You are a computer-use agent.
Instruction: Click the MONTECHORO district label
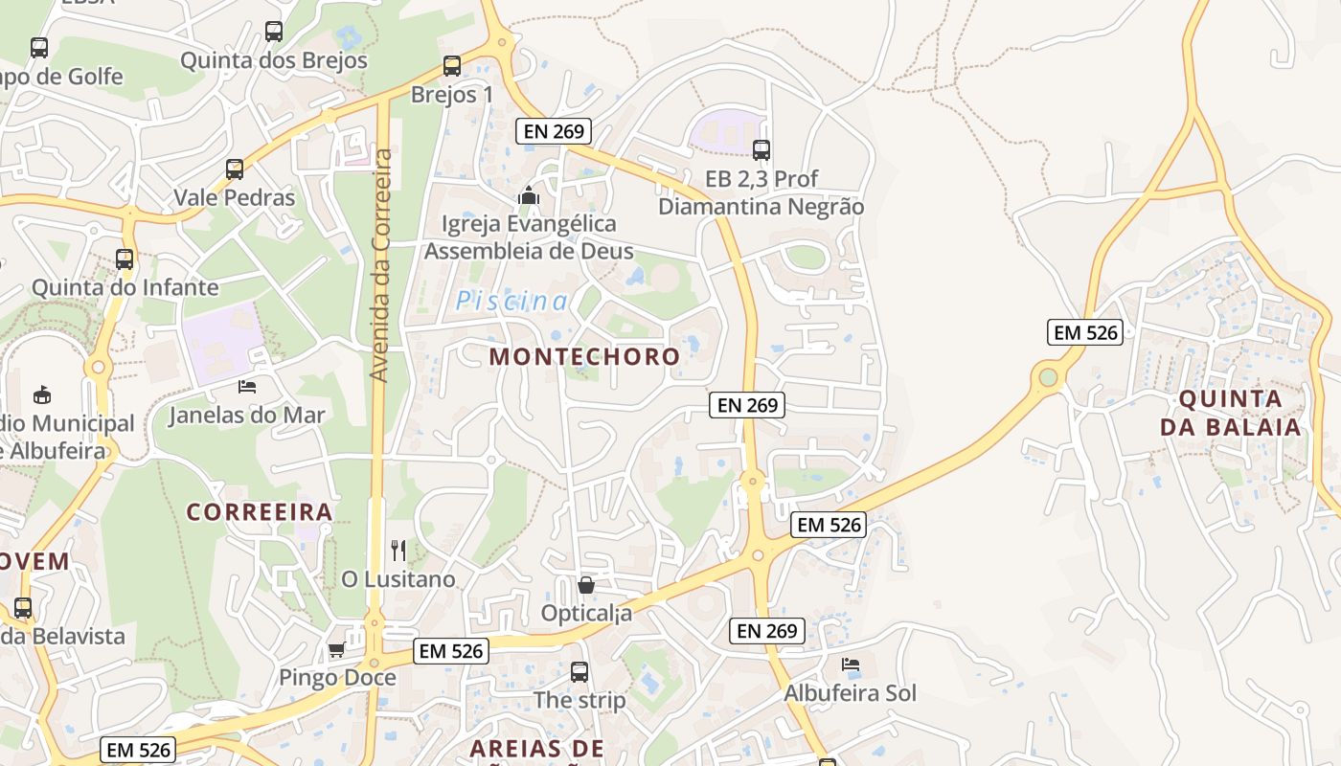pos(584,357)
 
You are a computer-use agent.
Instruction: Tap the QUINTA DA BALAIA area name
pos(1230,413)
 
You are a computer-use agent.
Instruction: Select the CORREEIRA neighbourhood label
pos(260,512)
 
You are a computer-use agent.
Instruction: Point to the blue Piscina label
pos(511,302)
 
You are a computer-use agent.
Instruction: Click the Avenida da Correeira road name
pos(380,265)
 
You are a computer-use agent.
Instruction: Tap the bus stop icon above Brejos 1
pos(452,66)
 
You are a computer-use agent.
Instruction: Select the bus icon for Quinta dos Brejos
pos(274,32)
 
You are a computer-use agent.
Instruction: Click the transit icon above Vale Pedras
pos(235,169)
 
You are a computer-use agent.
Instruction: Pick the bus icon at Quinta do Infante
pos(125,259)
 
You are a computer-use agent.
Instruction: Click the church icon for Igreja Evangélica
pos(528,195)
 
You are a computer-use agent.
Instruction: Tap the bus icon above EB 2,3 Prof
pos(761,150)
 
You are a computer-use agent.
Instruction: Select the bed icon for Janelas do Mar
pos(247,387)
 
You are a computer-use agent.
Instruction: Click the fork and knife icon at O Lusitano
pos(398,551)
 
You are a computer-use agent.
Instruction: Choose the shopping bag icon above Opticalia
pos(586,584)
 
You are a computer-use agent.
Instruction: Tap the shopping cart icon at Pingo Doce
pos(336,650)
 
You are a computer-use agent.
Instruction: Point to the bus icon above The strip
pos(580,672)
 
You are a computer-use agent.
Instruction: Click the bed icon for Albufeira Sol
pos(850,665)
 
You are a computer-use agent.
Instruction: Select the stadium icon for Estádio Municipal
pos(42,394)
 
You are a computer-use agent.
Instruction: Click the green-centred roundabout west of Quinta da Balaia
pos(1049,376)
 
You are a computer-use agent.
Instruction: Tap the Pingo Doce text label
pos(337,678)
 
